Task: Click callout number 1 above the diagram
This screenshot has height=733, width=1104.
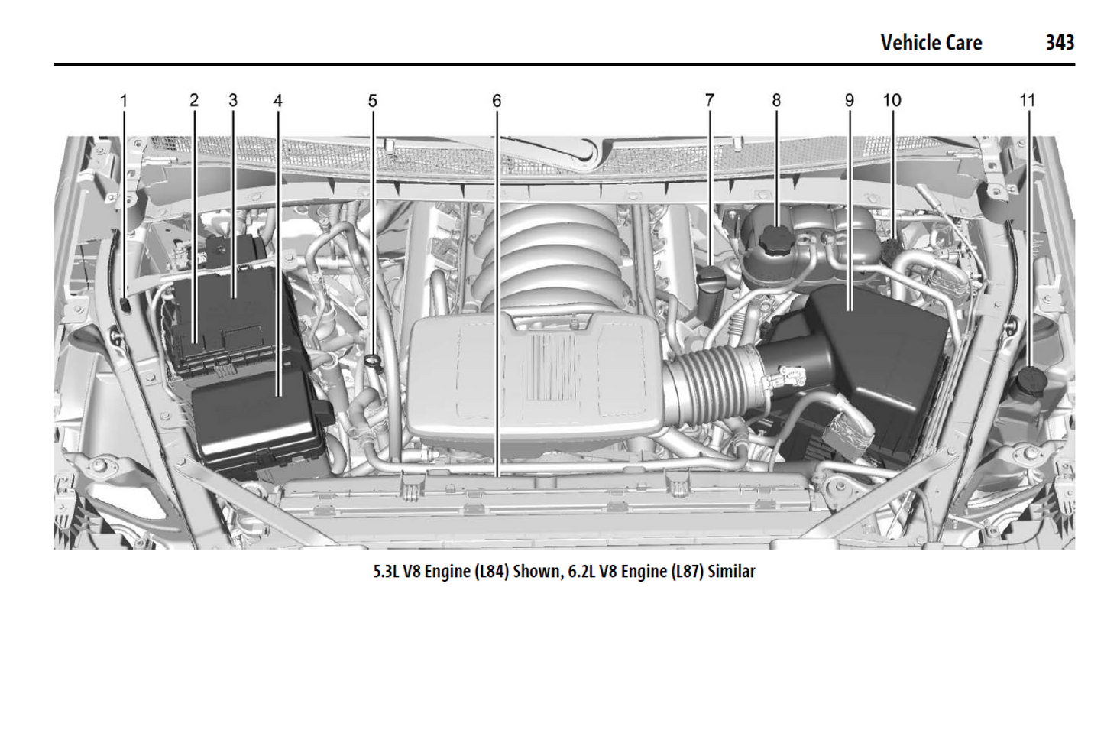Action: pyautogui.click(x=124, y=100)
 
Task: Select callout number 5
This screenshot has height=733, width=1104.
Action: pyautogui.click(x=372, y=100)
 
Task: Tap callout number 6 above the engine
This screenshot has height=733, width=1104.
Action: pyautogui.click(x=497, y=100)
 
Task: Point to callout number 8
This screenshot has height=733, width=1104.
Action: pyautogui.click(x=776, y=100)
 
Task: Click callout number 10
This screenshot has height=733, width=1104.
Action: pyautogui.click(x=892, y=100)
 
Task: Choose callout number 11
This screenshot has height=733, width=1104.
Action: pyautogui.click(x=1027, y=100)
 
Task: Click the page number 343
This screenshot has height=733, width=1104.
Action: pyautogui.click(x=1060, y=42)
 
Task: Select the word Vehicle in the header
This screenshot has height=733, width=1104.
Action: pyautogui.click(x=908, y=42)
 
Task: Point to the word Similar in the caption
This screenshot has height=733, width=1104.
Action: pyautogui.click(x=731, y=571)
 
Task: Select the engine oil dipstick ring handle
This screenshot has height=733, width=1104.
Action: pyautogui.click(x=372, y=362)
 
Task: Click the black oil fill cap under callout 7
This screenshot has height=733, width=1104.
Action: pyautogui.click(x=711, y=277)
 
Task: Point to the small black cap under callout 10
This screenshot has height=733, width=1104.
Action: pyautogui.click(x=891, y=249)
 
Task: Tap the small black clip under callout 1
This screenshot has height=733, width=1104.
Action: pyautogui.click(x=125, y=306)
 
